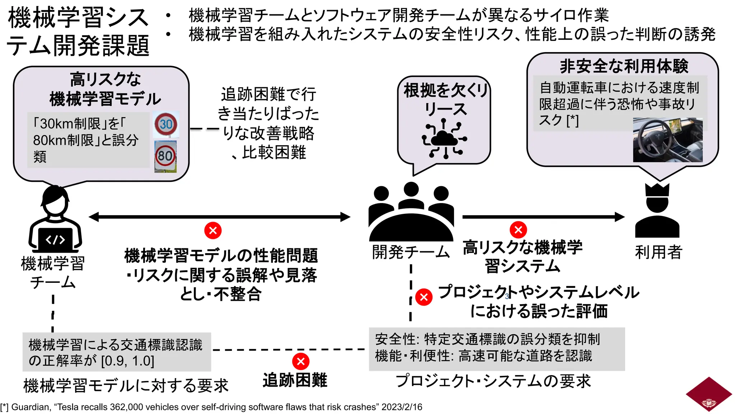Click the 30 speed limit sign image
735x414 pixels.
166,124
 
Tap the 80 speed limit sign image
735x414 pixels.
165,156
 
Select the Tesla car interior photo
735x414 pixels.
668,140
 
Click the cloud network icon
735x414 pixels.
444,139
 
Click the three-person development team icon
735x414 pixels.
411,212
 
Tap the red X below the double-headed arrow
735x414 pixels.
213,230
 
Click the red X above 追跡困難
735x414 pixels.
301,362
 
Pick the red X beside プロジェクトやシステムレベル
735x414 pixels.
424,297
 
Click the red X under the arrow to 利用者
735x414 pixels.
518,230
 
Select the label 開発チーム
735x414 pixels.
411,252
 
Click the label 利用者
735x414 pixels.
658,252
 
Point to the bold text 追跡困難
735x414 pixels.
295,380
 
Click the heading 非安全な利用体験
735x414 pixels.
624,66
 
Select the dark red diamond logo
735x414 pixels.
709,394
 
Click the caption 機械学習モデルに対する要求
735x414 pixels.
126,385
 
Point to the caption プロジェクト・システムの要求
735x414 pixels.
493,381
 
